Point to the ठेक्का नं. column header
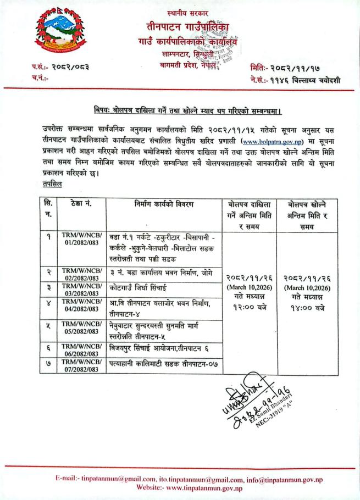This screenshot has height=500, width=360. (x=80, y=204)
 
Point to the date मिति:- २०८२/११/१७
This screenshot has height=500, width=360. (x=290, y=68)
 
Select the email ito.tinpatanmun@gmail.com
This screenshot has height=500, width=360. (x=192, y=479)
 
